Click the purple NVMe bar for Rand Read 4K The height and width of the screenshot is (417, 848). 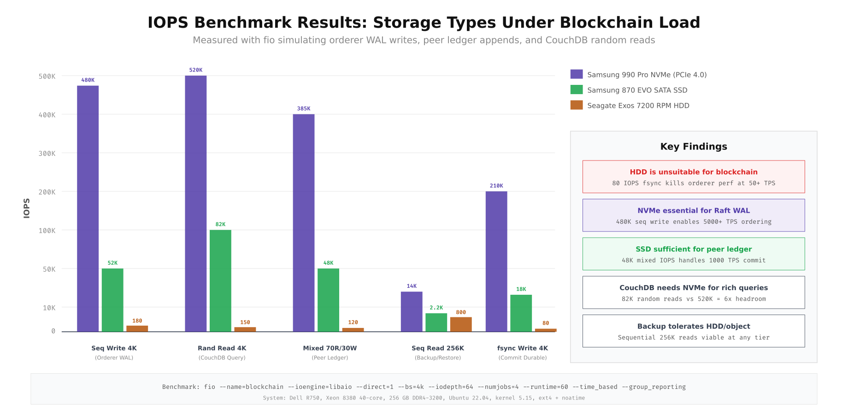coord(195,203)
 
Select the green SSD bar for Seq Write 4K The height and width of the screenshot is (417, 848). coord(112,300)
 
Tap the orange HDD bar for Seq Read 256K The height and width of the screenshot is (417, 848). coord(461,324)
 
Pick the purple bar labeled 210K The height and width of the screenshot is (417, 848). coord(496,261)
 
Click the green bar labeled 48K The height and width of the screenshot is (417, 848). coord(328,300)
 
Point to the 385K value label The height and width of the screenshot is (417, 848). coord(304,109)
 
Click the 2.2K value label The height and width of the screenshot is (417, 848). coord(436,308)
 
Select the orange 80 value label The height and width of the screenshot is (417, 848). coord(546,323)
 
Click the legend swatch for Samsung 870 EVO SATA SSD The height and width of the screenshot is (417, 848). coord(577,90)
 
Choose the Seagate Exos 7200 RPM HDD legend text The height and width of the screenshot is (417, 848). coord(638,106)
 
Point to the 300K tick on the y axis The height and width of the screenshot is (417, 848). coord(47,153)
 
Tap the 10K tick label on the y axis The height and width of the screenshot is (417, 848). coord(49,308)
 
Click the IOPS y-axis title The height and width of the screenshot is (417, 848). coord(27,208)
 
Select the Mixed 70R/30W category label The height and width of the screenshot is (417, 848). coord(330,348)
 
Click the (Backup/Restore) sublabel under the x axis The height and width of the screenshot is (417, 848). coord(438,358)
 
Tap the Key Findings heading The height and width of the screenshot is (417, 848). coord(694,147)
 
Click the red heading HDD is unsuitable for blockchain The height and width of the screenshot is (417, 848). coord(694,172)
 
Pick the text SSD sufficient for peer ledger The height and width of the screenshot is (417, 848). coord(694,249)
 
